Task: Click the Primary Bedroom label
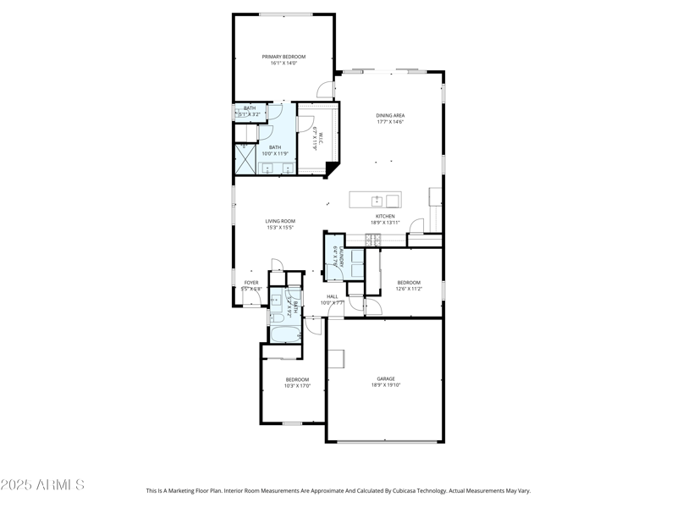tap(283, 57)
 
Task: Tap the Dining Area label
tap(390, 115)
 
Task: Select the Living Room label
tap(280, 221)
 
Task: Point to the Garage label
tap(386, 378)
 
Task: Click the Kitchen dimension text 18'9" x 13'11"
tap(386, 223)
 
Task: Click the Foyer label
tap(251, 282)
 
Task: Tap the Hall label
tap(333, 296)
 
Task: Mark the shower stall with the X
tap(245, 159)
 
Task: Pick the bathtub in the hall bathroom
tap(281, 335)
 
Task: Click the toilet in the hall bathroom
tap(275, 317)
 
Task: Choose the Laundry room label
tap(336, 257)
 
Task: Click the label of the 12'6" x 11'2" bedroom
tap(409, 282)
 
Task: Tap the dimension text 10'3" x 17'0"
tap(297, 386)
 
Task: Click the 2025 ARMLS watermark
tap(42, 485)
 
